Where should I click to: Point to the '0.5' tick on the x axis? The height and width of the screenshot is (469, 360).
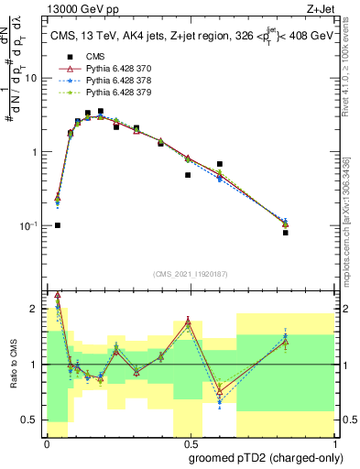(188, 444)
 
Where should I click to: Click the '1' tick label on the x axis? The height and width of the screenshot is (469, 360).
(334, 444)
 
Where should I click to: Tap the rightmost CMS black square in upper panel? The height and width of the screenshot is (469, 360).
(286, 233)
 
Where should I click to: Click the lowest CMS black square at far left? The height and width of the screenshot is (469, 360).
(58, 225)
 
